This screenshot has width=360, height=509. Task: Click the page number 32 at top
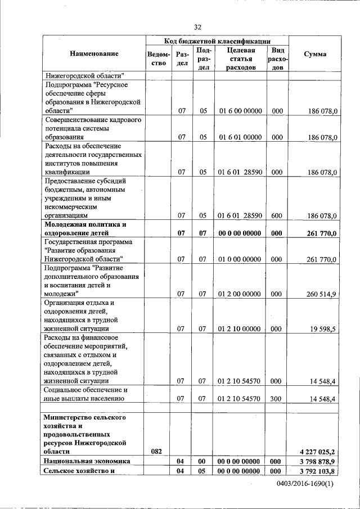tap(197, 27)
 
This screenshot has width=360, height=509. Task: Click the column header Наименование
tap(94, 54)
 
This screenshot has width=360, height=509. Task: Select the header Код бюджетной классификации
tap(217, 41)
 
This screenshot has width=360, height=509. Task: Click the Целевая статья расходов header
tap(240, 58)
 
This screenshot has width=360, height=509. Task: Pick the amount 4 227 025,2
tap(315, 451)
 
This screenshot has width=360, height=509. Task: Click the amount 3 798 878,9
tap(315, 461)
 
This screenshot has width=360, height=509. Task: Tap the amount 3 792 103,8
tap(315, 471)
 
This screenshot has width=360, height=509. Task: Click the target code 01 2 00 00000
tap(240, 294)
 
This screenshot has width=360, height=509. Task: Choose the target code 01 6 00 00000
tap(240, 111)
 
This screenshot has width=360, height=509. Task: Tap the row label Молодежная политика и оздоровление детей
tap(84, 228)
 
